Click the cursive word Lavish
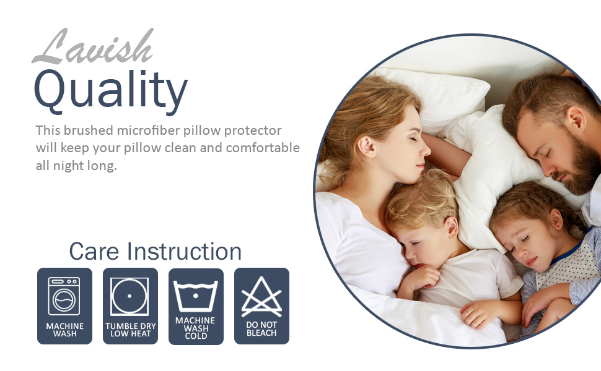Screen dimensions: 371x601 click(x=93, y=48)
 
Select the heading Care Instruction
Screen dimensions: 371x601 click(x=155, y=252)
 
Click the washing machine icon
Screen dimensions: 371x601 click(x=64, y=296)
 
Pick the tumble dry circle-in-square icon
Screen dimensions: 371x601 click(x=129, y=296)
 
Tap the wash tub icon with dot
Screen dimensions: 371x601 click(x=195, y=296)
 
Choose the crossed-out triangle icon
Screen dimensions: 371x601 click(x=261, y=297)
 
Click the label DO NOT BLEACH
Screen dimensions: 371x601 click(x=261, y=328)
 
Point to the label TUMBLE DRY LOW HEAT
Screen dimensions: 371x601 click(x=130, y=330)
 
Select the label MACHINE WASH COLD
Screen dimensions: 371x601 click(x=195, y=328)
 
